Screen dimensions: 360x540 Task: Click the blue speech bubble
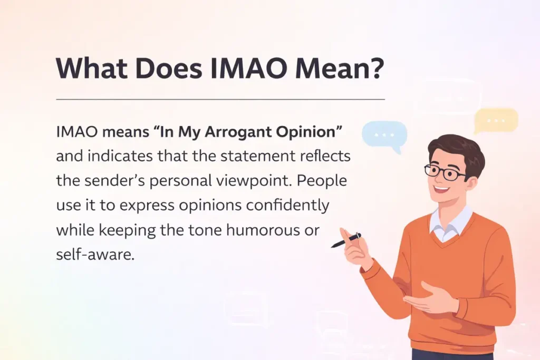coord(384,134)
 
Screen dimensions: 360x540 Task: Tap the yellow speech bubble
coord(496,120)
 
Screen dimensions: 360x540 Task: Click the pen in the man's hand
coord(346,240)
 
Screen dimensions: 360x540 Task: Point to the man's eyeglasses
coord(445,172)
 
